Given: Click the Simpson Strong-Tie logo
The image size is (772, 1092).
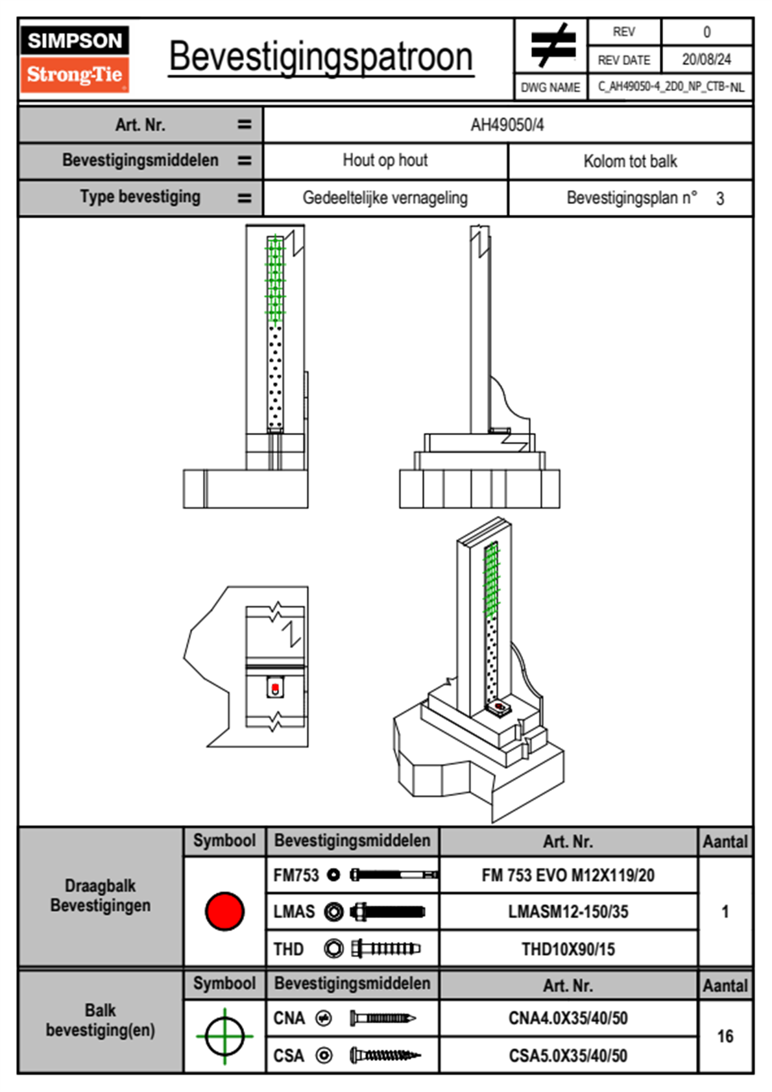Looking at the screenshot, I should pyautogui.click(x=75, y=58).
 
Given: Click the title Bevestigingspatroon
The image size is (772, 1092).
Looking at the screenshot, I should pyautogui.click(x=320, y=56).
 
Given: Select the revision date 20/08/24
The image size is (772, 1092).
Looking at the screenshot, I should pyautogui.click(x=706, y=60).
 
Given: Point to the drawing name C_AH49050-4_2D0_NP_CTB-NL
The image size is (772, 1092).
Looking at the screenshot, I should pyautogui.click(x=670, y=87).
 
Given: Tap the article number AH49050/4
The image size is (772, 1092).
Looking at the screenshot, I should pyautogui.click(x=507, y=125).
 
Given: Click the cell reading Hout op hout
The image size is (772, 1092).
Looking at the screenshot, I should pyautogui.click(x=385, y=160).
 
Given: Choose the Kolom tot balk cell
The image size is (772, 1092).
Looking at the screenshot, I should pyautogui.click(x=630, y=161).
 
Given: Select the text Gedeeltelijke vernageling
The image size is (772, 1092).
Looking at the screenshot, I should pyautogui.click(x=385, y=198).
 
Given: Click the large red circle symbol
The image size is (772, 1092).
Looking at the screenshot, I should pyautogui.click(x=224, y=911).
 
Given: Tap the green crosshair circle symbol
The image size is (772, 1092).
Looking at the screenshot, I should pyautogui.click(x=224, y=1036).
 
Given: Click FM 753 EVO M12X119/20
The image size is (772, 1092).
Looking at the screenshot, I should pyautogui.click(x=568, y=875).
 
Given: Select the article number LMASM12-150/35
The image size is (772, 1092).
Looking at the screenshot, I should pyautogui.click(x=568, y=912).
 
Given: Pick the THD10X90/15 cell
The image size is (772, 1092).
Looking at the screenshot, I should pyautogui.click(x=568, y=949).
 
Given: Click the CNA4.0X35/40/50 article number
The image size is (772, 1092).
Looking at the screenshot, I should pyautogui.click(x=568, y=1018).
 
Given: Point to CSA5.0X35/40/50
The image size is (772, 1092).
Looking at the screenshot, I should pyautogui.click(x=568, y=1056).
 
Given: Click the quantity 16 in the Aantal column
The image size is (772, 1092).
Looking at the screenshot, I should pyautogui.click(x=725, y=1036).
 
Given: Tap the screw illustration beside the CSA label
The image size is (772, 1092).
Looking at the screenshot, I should pyautogui.click(x=385, y=1056).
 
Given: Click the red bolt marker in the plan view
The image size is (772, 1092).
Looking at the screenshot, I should pyautogui.click(x=275, y=688).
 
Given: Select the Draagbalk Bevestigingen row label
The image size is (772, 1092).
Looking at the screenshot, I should pyautogui.click(x=101, y=895).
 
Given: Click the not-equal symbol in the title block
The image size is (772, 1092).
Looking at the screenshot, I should pyautogui.click(x=551, y=45).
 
